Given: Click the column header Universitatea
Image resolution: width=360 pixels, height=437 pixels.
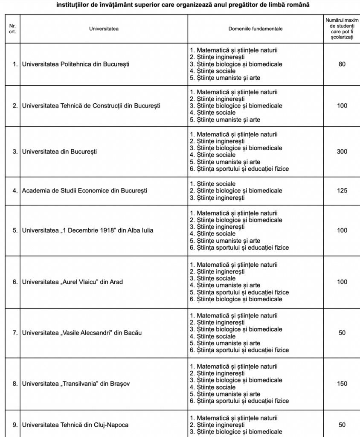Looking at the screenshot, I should coord(104,29).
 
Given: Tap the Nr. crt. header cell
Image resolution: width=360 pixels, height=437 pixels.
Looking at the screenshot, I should coord(12,29).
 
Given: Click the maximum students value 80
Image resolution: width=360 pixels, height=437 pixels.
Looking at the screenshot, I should coord(342,64).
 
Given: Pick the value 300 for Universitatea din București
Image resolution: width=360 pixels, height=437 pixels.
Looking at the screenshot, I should coord(342,151).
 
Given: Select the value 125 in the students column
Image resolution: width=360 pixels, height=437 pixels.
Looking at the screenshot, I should coord(342,191).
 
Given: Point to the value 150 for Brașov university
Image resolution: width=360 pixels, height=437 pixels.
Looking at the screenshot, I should coord(342,384).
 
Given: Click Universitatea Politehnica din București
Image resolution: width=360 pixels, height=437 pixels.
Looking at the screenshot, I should coord(75,64).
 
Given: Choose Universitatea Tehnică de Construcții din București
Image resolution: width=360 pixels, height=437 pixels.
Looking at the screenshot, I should coord(91,106).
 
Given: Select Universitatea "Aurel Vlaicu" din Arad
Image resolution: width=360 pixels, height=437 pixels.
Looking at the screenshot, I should coord(73,282).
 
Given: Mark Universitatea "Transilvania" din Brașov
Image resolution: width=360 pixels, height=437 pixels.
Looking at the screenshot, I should coord(76,384).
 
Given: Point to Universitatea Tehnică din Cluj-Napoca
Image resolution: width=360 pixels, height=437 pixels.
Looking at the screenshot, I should coord(75,425).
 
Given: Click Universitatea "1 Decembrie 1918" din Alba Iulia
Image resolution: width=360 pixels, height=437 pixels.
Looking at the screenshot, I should coord(87,230).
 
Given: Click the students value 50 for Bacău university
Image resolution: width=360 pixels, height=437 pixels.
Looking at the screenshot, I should coord(342,333).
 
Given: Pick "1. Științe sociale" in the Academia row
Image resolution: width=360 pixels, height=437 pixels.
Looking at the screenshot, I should coord(212,184).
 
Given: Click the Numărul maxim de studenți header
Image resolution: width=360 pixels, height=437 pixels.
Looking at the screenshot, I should coord(342,29).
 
